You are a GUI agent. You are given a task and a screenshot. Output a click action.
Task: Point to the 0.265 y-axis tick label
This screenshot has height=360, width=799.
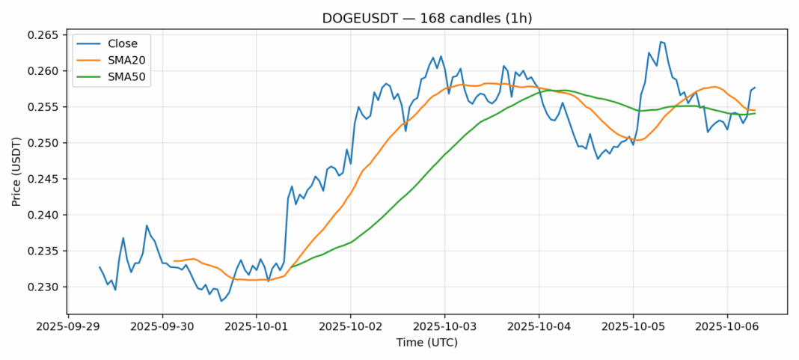coord(44,35)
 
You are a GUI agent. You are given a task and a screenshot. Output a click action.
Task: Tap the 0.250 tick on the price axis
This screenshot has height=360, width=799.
coord(44,143)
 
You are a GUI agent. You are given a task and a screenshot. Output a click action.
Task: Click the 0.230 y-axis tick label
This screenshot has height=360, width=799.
coord(44,287)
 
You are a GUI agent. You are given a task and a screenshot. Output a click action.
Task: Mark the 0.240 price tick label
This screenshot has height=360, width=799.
coord(44,215)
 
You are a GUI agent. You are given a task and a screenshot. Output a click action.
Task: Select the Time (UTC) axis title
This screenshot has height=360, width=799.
coord(427,343)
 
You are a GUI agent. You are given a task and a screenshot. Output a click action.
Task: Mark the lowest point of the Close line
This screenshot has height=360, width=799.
coord(221,301)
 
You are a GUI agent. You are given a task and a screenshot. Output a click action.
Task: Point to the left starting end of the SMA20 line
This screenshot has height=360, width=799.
coord(174,261)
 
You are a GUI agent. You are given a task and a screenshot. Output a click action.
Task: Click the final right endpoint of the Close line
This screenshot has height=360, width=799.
coord(755,88)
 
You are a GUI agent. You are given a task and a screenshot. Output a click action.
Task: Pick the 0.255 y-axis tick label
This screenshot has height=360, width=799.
coord(44,107)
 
